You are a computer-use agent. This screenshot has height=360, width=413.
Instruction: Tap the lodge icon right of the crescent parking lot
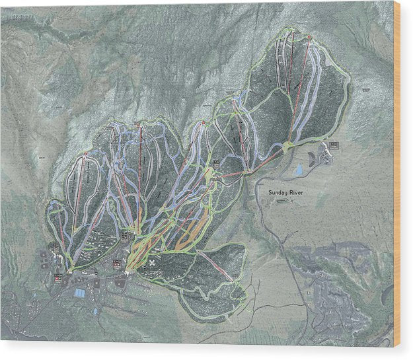334,144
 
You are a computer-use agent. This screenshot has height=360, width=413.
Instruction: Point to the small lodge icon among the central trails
216,163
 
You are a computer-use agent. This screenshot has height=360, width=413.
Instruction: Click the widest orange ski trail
188,228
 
